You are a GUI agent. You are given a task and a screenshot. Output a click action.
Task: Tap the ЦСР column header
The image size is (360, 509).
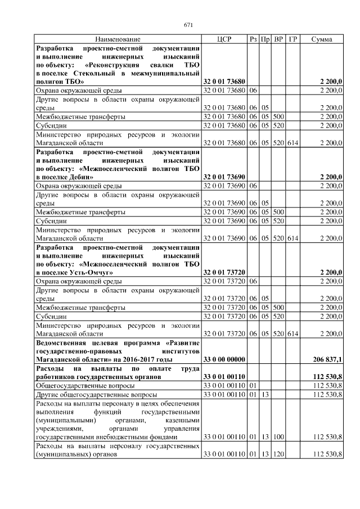coord(224,39)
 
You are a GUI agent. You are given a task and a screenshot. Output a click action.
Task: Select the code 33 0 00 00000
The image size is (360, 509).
coord(223,359)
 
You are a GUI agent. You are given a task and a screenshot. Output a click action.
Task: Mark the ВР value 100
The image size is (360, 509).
coord(278,436)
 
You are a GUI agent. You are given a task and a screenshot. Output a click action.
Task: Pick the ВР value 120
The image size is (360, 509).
coord(278,454)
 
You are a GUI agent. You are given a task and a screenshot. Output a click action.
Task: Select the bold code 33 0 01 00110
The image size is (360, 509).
coord(223,376)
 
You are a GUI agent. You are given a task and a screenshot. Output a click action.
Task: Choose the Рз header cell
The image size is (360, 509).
coord(253,39)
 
